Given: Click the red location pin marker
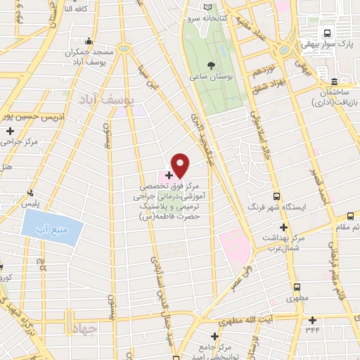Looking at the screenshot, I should pos(181,165).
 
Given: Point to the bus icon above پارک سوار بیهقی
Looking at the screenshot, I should pos(327,33).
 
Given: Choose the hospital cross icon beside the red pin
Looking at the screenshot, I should pos(169,174).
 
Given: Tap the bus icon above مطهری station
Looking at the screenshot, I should pos(296,287).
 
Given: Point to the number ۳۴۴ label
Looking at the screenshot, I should pos(311,328).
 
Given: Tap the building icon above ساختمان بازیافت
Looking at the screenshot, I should pos(335,82).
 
